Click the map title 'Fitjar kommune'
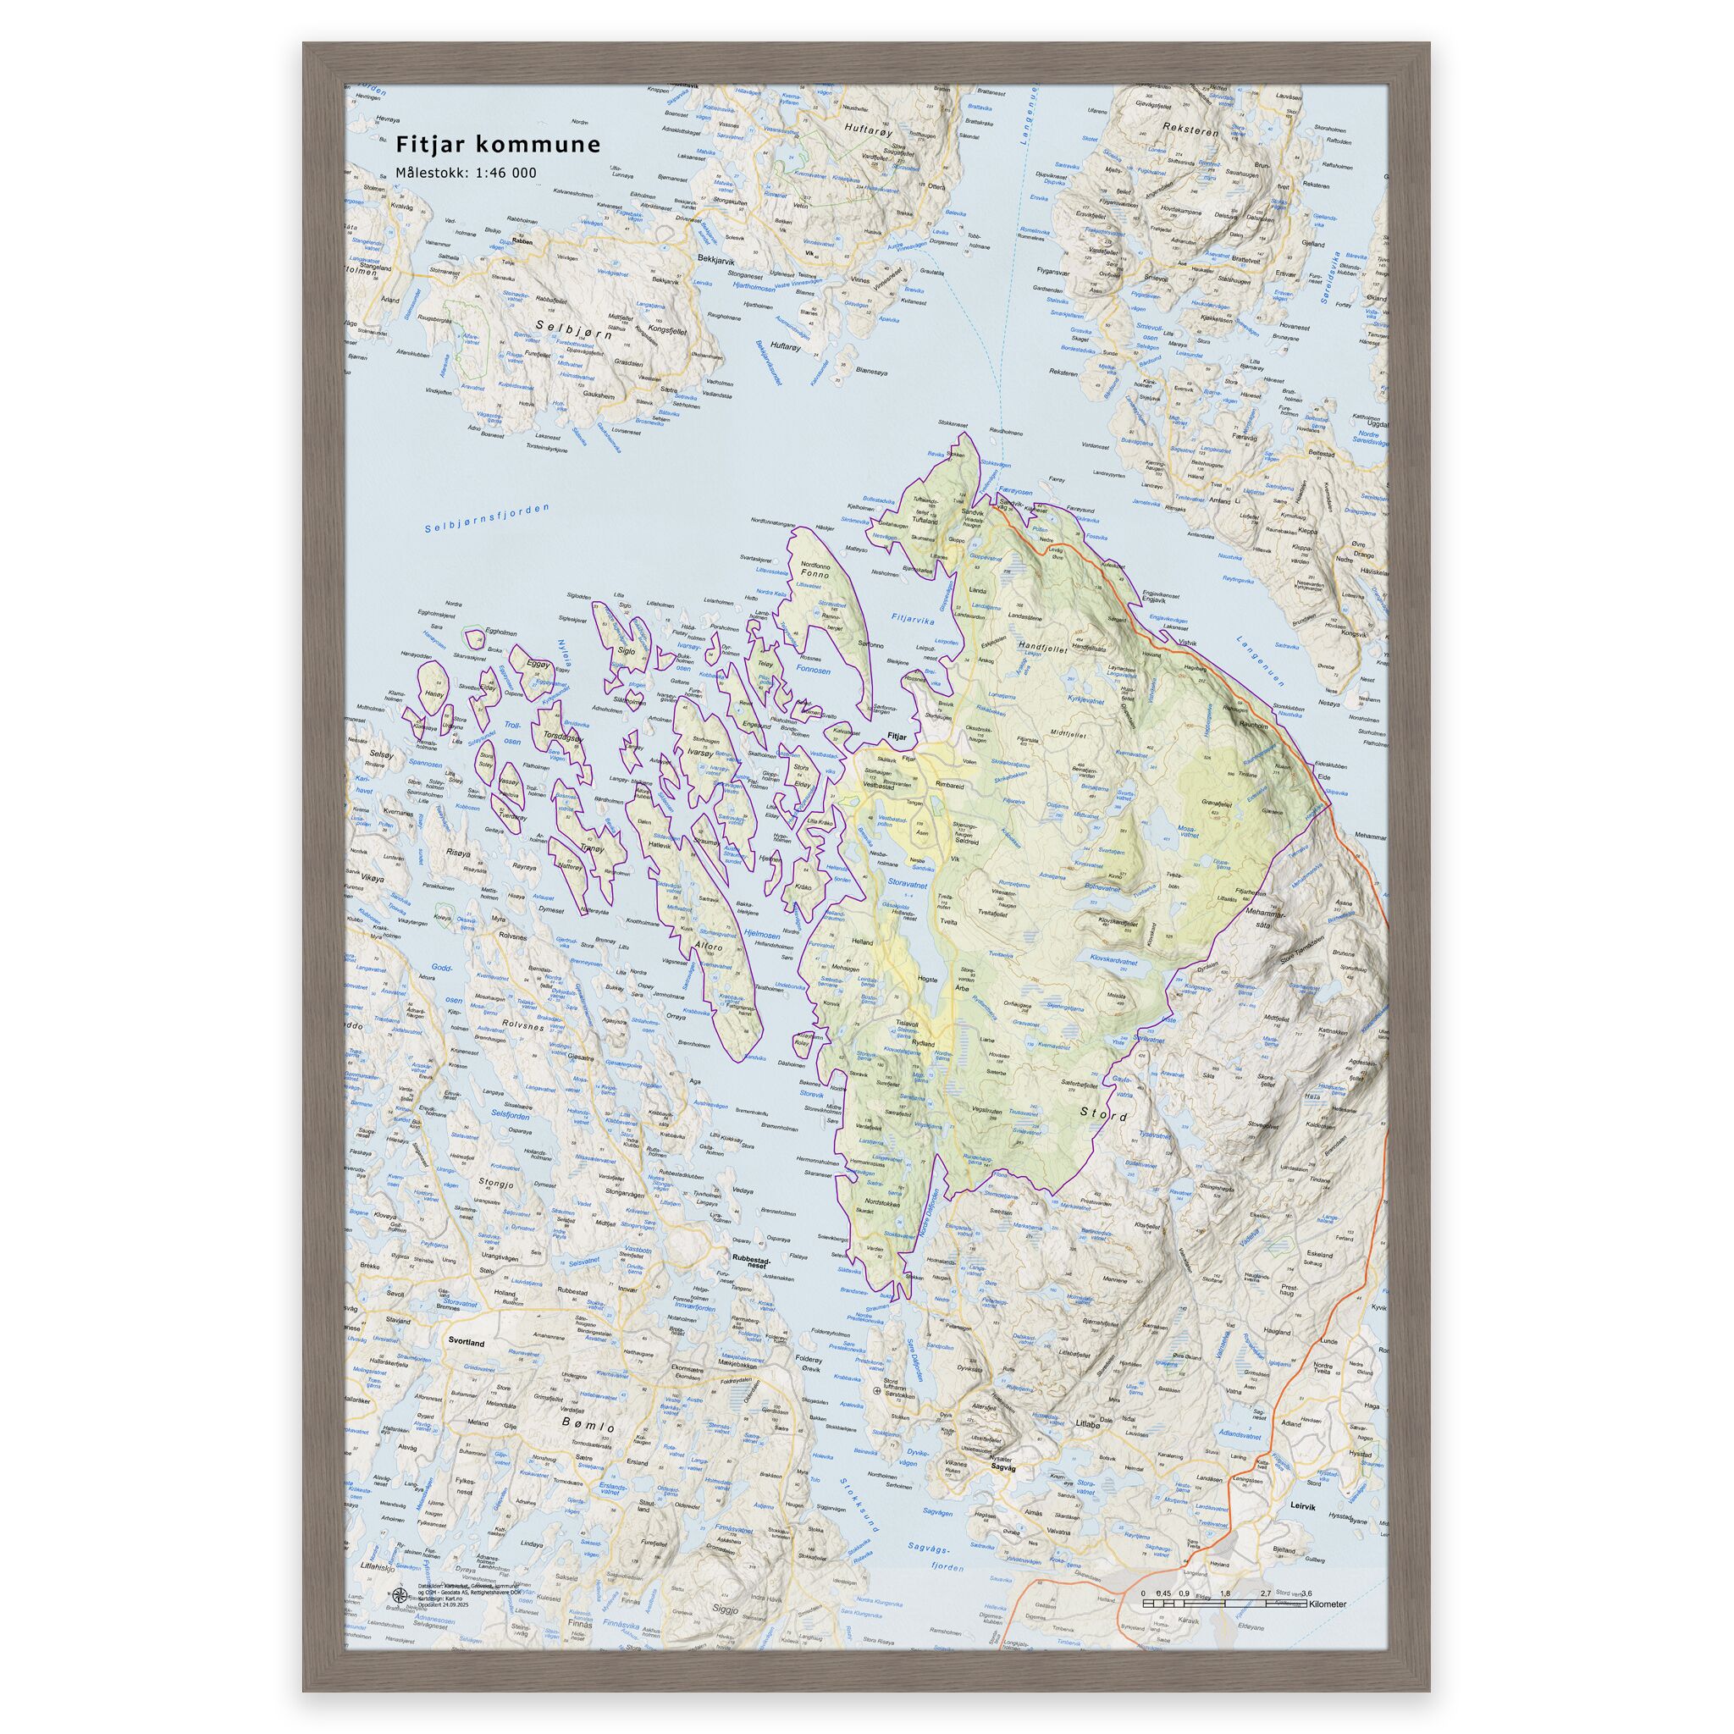tap(498, 145)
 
